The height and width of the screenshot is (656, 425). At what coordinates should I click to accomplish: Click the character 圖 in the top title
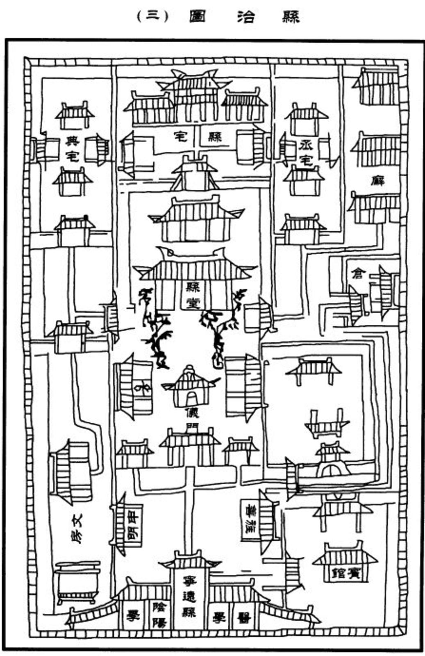coord(198,17)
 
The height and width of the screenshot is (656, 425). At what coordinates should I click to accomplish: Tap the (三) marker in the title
coord(152,17)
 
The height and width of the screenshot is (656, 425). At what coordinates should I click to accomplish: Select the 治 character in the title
coord(245,17)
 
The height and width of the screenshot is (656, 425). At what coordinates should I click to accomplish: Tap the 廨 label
coord(378,180)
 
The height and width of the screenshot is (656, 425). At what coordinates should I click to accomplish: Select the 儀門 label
coord(191,418)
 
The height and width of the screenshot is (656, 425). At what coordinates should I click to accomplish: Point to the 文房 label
coord(77,529)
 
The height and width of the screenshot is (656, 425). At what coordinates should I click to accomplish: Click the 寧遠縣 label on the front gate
coord(189,597)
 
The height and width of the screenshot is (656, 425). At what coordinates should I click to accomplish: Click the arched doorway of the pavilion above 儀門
coord(191,397)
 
